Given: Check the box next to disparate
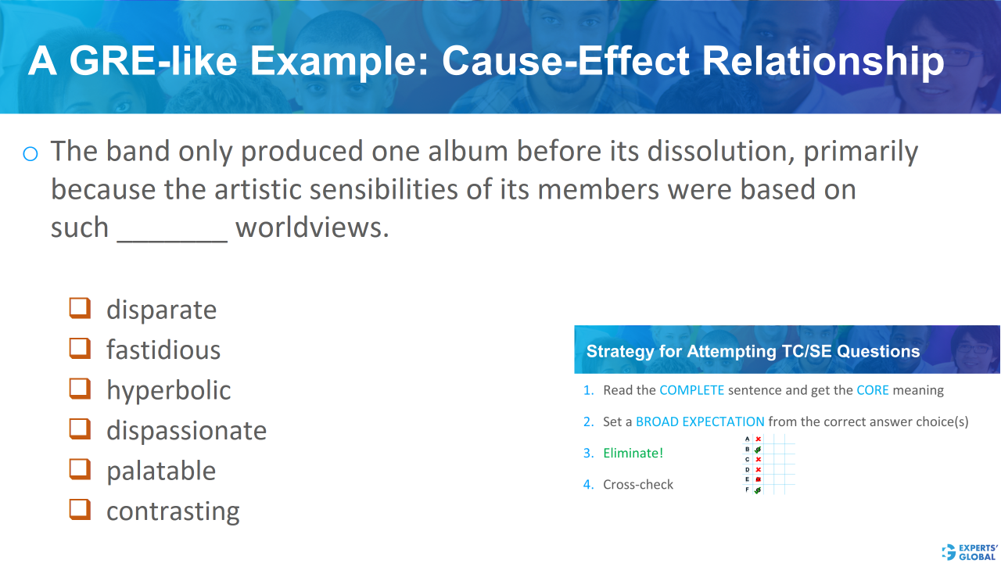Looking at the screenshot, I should [80, 308].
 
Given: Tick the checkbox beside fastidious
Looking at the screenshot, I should [80, 348].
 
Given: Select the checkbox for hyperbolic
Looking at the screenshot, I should [80, 389].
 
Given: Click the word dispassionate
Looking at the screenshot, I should [186, 431].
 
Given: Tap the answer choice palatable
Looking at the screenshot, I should [161, 471].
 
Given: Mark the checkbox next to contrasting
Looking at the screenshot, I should [80, 509].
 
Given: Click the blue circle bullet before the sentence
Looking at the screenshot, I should [30, 153].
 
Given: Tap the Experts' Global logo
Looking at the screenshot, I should [971, 551].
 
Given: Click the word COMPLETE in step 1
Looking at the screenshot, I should [691, 390].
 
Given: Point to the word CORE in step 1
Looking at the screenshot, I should [872, 390].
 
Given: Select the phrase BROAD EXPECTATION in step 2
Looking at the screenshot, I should [700, 421].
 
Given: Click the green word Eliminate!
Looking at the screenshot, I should [633, 453].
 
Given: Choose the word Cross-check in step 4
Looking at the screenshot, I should [638, 484].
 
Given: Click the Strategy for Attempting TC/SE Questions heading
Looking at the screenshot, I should [752, 351].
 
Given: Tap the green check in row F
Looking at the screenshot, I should [758, 489].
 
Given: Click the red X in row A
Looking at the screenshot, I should [758, 439].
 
